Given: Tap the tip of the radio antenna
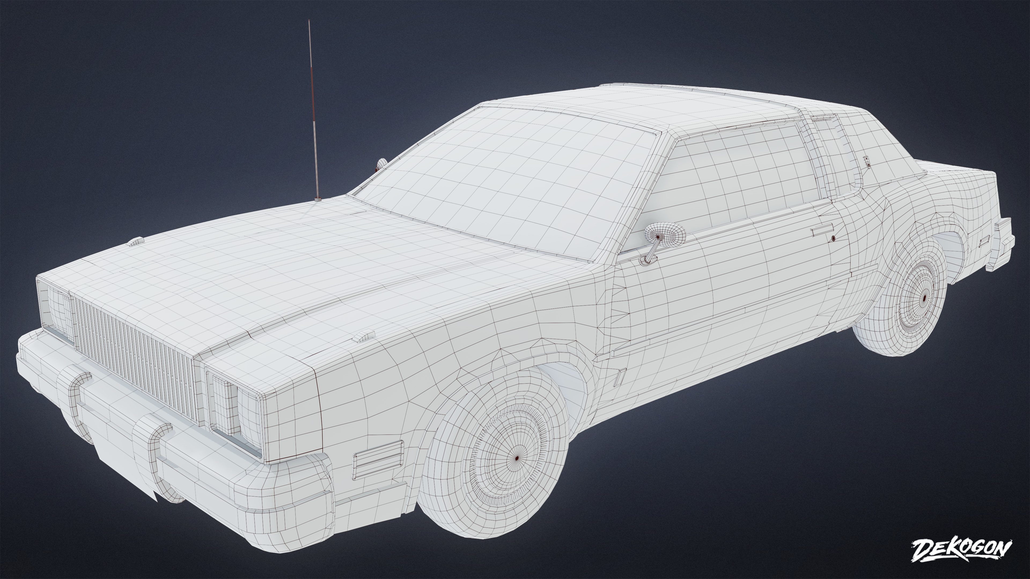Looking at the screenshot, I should [x=309, y=21].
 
